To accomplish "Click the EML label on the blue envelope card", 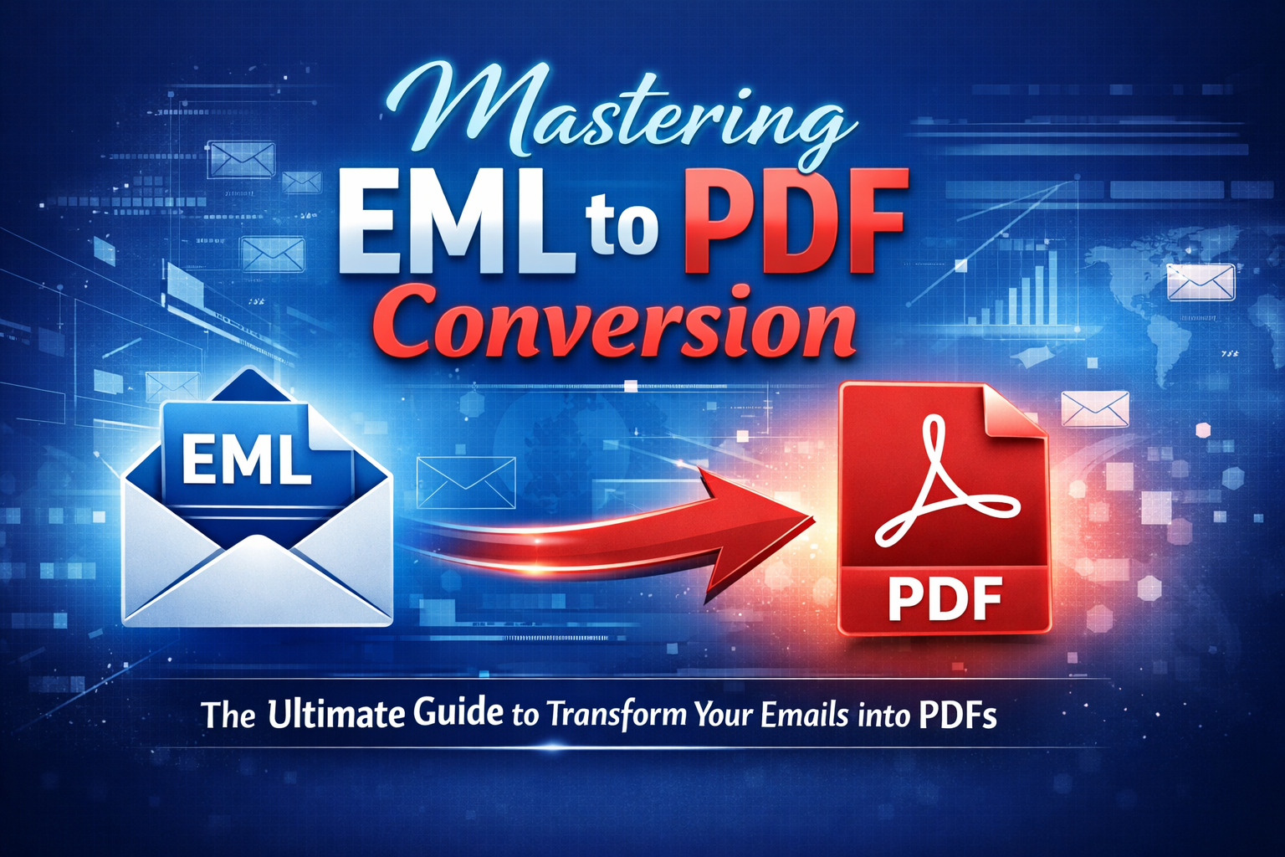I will pos(247,459).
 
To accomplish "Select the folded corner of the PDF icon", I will pos(1012,410).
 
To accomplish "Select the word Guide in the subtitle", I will pos(458,713).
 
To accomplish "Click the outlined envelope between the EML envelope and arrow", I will pos(465,482).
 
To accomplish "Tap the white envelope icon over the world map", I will pos(1201,281).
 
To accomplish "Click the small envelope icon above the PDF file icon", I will pos(1095,408).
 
